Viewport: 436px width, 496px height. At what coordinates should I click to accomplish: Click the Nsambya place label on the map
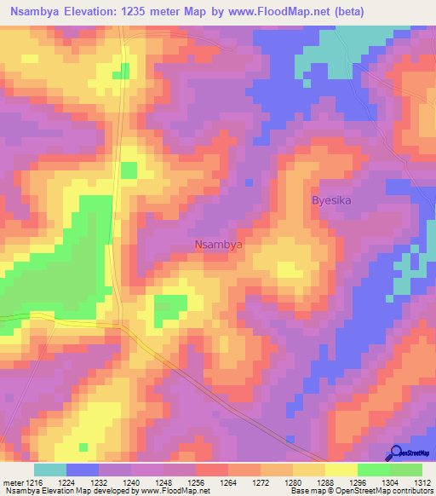(x=220, y=245)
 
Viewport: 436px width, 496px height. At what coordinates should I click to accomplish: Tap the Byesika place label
(x=331, y=200)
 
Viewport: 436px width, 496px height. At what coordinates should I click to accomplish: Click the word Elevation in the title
(x=105, y=12)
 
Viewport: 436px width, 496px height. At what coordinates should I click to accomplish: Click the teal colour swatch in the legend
(x=50, y=470)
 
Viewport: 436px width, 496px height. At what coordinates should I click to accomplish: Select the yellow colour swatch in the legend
(x=341, y=470)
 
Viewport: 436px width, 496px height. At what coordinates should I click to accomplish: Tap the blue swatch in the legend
(x=83, y=470)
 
